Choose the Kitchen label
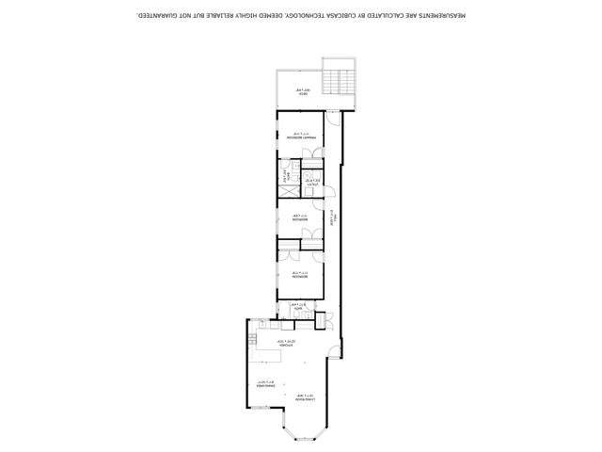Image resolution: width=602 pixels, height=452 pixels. [x=287, y=343]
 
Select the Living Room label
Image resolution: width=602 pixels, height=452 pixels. [x=304, y=396]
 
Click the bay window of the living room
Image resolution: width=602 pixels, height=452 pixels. [x=304, y=428]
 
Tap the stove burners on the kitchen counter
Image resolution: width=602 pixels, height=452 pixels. [x=254, y=338]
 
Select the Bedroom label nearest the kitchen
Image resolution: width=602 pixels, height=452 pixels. [x=299, y=277]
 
